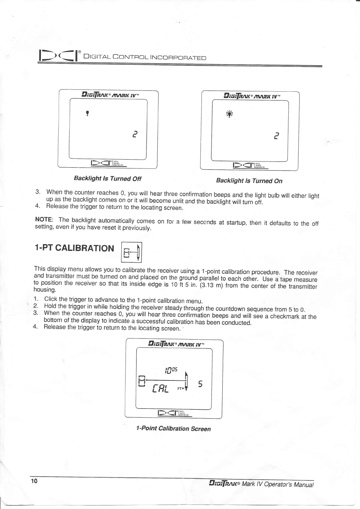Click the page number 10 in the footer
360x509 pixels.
coord(34,481)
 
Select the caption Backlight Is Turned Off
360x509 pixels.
coord(107,178)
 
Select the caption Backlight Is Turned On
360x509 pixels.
coord(249,181)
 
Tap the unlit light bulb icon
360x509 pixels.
coord(87,113)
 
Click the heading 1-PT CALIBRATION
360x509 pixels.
coord(74,248)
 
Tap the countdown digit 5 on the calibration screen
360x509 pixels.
coord(200,384)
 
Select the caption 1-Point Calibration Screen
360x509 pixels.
coord(173,428)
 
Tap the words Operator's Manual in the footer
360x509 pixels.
coord(289,484)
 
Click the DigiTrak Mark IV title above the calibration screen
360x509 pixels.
coord(176,344)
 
